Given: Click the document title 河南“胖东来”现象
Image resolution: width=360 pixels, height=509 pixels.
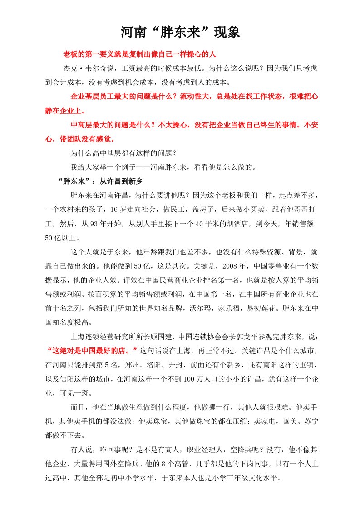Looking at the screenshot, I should tap(180, 32).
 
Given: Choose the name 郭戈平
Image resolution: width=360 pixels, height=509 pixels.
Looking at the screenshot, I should tap(243, 337).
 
